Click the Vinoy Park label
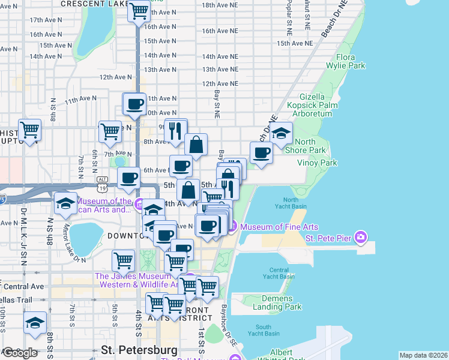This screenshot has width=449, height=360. [317, 163]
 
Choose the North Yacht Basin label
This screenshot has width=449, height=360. [291, 203]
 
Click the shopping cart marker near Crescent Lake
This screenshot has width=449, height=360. [139, 10]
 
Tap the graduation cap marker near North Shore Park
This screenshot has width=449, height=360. [280, 133]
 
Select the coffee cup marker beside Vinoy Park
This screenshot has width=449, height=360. [261, 152]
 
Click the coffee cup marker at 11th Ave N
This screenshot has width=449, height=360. [134, 103]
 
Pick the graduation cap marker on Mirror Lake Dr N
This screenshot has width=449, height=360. [65, 203]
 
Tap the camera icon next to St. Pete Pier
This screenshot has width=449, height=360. [360, 238]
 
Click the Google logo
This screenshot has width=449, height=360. [20, 353]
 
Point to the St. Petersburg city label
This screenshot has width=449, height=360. [139, 349]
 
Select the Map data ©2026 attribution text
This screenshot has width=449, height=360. [423, 355]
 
